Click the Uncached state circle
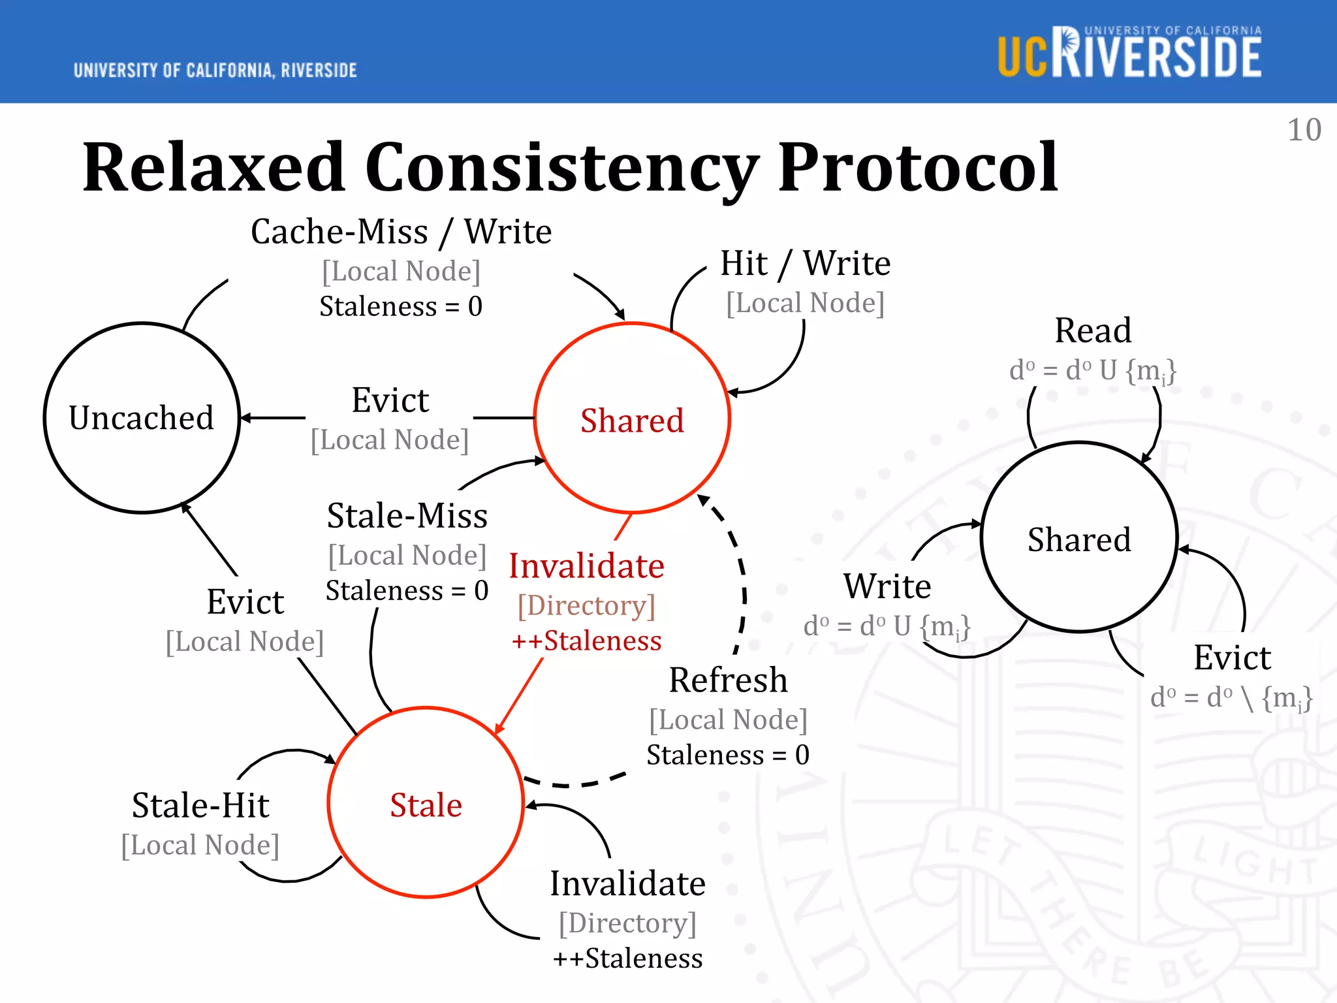[142, 418]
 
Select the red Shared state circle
[632, 419]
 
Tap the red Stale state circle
[426, 804]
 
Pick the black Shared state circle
[1079, 539]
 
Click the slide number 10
[1304, 130]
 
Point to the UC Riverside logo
[1129, 53]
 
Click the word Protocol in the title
[917, 168]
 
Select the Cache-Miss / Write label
[401, 232]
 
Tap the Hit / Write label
[805, 264]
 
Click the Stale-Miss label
[407, 516]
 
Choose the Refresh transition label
[728, 680]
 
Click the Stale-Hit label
[200, 805]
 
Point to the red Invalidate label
[586, 566]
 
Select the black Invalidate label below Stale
[627, 884]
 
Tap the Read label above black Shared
[1093, 330]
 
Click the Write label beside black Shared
[887, 586]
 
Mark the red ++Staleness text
[586, 641]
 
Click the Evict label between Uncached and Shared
[390, 400]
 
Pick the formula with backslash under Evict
[1231, 698]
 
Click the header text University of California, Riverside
[215, 71]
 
